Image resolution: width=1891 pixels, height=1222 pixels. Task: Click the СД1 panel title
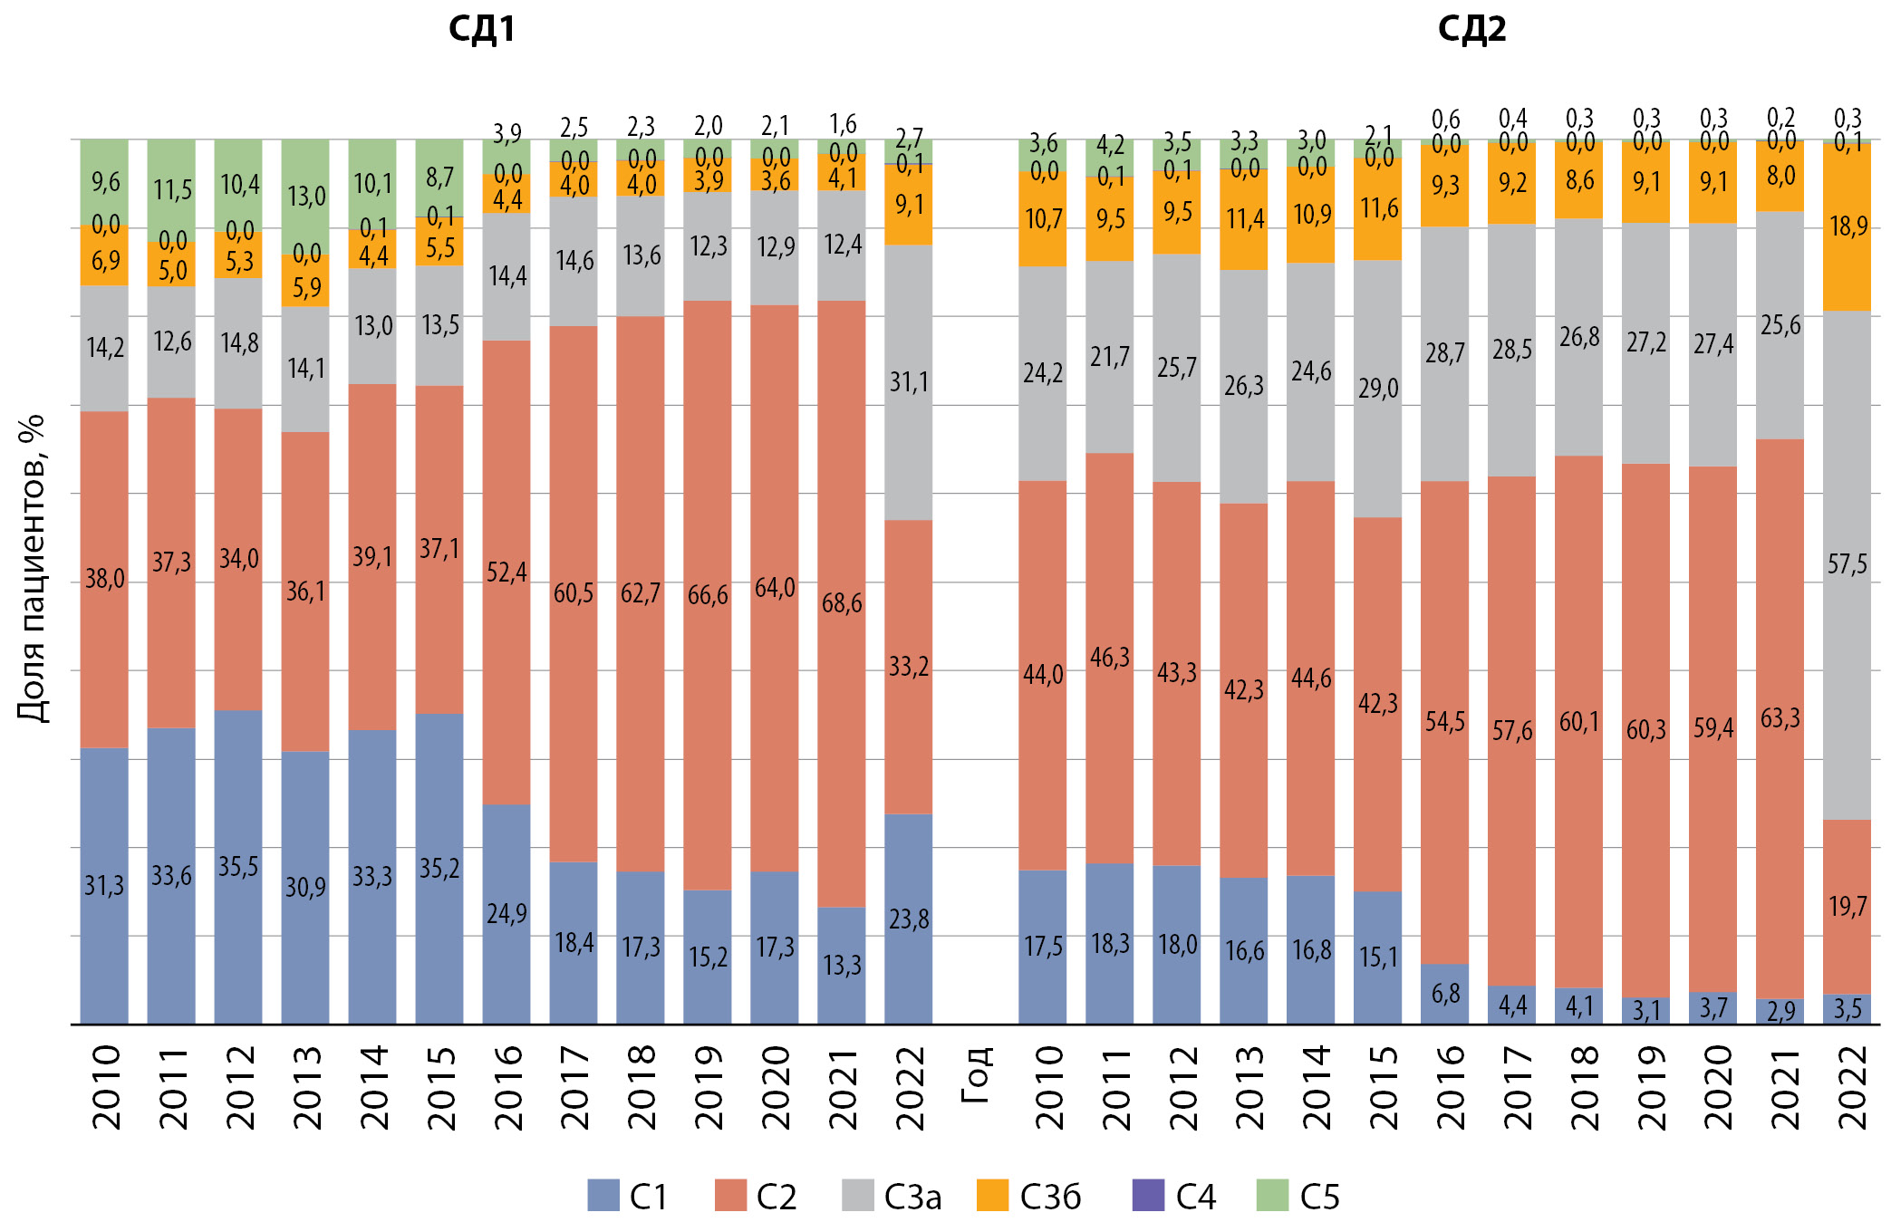(x=481, y=29)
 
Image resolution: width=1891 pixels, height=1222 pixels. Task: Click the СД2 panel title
(x=1471, y=29)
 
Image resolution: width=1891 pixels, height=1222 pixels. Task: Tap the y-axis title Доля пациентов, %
(x=33, y=568)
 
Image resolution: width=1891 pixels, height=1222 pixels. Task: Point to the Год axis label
(x=976, y=1074)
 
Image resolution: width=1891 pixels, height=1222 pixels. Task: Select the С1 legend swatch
(x=603, y=1196)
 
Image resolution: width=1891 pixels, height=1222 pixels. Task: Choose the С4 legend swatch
(x=1148, y=1196)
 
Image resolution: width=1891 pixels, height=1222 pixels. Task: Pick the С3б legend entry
(x=1029, y=1196)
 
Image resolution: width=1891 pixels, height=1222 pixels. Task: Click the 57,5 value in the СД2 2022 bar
(x=1847, y=564)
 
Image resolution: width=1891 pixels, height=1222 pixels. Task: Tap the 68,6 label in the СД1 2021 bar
(x=842, y=603)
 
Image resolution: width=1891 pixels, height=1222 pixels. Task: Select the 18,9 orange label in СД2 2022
(x=1848, y=226)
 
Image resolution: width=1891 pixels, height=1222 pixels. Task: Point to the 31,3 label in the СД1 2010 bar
(x=104, y=885)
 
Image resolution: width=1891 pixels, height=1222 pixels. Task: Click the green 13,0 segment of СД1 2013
(x=306, y=197)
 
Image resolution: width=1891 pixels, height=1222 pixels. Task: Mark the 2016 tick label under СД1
(x=508, y=1087)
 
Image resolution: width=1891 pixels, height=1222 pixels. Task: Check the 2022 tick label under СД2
(x=1852, y=1087)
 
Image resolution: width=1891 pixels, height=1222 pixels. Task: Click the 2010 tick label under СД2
(x=1047, y=1087)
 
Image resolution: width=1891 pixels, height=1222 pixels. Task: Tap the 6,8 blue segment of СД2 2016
(x=1445, y=994)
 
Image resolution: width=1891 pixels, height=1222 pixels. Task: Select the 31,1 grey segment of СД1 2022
(x=909, y=382)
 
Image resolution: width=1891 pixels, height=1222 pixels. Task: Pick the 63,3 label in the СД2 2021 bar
(x=1780, y=718)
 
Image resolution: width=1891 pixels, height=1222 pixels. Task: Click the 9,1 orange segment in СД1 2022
(x=909, y=205)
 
